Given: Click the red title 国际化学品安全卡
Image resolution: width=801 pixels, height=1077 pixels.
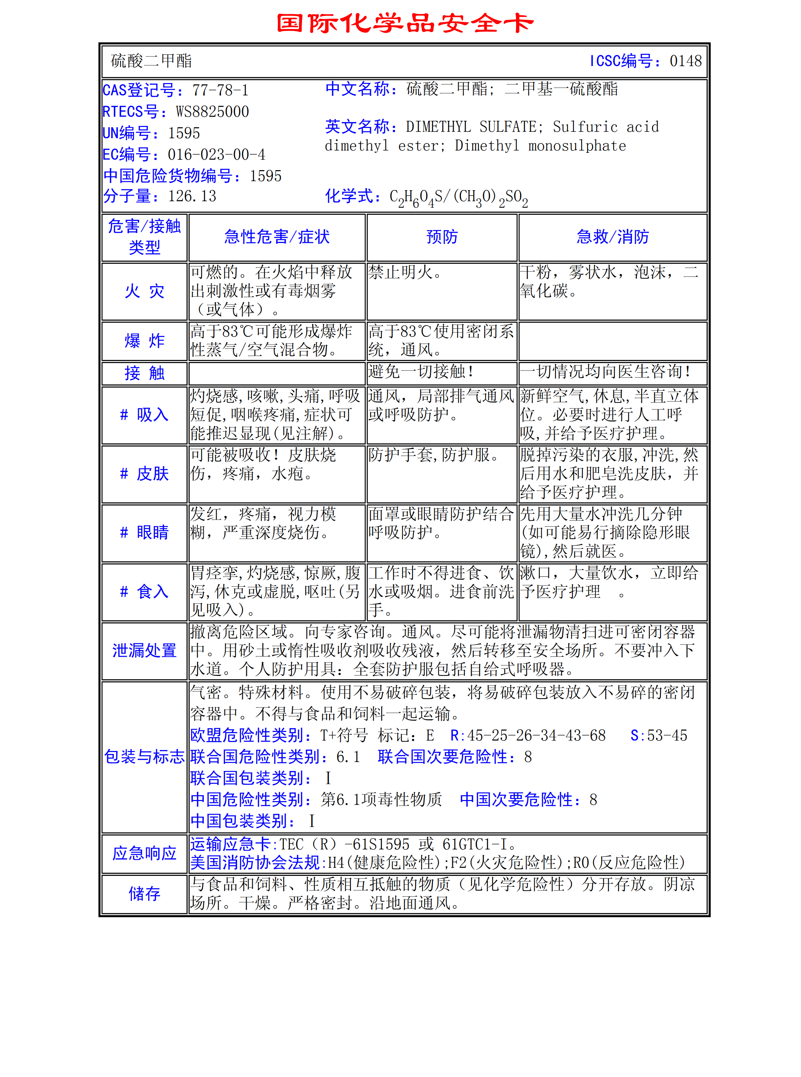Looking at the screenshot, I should tap(405, 23).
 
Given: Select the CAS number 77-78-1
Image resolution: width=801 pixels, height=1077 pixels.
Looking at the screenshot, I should tap(220, 90).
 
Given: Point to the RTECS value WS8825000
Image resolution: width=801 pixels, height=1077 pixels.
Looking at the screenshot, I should tap(212, 112).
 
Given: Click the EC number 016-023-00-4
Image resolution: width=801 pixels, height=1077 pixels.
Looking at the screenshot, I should tap(216, 155).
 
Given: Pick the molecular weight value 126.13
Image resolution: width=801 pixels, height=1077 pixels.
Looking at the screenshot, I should tap(192, 196).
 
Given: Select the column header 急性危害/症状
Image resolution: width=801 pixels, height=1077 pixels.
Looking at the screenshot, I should tap(277, 237).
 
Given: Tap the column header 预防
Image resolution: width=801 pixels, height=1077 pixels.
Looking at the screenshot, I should tap(442, 237).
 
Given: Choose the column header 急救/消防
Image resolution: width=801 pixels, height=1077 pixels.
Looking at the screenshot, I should tap(612, 237).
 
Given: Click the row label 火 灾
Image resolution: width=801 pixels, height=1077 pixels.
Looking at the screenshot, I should tap(145, 292).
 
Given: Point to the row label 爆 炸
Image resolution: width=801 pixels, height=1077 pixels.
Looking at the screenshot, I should tap(145, 341).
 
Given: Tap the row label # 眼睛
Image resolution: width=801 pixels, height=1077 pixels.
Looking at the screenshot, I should tap(145, 533).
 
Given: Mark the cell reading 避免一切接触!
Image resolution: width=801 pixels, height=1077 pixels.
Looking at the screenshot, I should tap(421, 372).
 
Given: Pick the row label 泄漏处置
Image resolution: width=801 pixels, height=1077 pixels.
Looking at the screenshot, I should tap(145, 651).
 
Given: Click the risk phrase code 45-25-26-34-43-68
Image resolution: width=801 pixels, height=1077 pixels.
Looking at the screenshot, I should tap(536, 735).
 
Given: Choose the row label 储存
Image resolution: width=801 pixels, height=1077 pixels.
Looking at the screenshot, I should tap(145, 894).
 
